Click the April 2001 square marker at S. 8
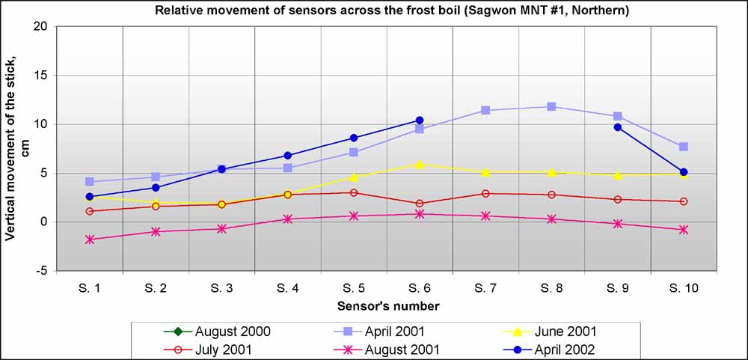coord(551,106)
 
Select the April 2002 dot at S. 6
coord(420,120)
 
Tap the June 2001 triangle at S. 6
coord(420,164)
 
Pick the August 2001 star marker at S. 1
coord(90,240)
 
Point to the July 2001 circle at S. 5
coord(354,192)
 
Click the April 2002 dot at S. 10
coord(683,172)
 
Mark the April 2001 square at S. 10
coord(683,147)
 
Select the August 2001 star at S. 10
coord(683,230)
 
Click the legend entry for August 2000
coord(216,331)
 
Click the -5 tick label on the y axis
coord(43,271)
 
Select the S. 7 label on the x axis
coord(485,288)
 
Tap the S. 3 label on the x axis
coord(221,288)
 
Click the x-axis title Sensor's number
coord(387,306)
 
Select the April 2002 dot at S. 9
coord(617,127)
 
